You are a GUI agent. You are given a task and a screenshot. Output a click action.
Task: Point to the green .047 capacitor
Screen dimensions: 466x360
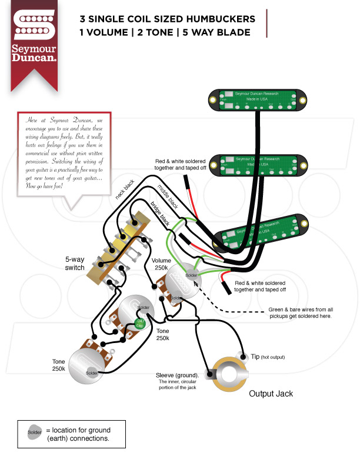click(140, 322)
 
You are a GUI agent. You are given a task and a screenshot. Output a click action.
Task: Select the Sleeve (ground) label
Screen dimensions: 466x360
click(177, 375)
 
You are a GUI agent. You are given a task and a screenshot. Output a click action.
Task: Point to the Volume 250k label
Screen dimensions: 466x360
click(161, 264)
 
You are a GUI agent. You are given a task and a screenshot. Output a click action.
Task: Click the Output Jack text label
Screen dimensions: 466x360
click(271, 394)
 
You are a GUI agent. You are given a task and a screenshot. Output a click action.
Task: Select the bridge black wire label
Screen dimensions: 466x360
click(160, 215)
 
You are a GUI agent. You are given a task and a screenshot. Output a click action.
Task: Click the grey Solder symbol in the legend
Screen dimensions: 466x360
click(35, 432)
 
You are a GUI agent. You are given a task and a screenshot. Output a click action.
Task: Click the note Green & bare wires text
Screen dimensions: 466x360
click(301, 312)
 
